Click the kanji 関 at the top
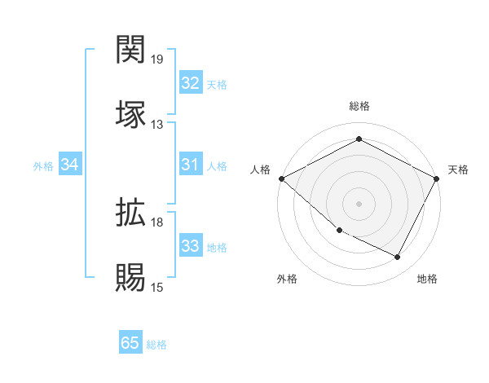click(x=132, y=51)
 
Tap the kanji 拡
click(x=132, y=214)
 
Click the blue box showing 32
click(x=190, y=83)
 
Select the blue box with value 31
click(x=190, y=165)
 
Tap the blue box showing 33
click(x=190, y=246)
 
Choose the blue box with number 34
click(x=70, y=165)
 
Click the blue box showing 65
click(x=130, y=343)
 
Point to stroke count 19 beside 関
click(x=157, y=59)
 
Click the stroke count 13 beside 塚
click(x=157, y=125)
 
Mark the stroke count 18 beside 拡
click(x=157, y=222)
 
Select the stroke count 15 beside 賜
click(x=157, y=288)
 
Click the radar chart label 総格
click(x=359, y=106)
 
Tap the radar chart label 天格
click(x=458, y=169)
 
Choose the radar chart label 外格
click(x=287, y=280)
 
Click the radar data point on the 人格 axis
click(x=281, y=178)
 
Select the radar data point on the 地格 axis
click(x=398, y=258)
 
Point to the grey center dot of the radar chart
click(x=359, y=203)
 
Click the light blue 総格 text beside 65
click(x=156, y=344)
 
